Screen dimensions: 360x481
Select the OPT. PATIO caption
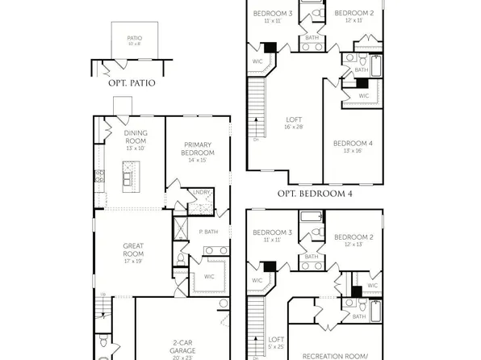coord(131,82)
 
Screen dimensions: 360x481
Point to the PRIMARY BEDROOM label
coord(198,149)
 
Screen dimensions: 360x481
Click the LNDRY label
coord(202,192)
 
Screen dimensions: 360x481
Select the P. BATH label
coord(208,232)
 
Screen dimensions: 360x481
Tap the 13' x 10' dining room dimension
coord(136,149)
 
